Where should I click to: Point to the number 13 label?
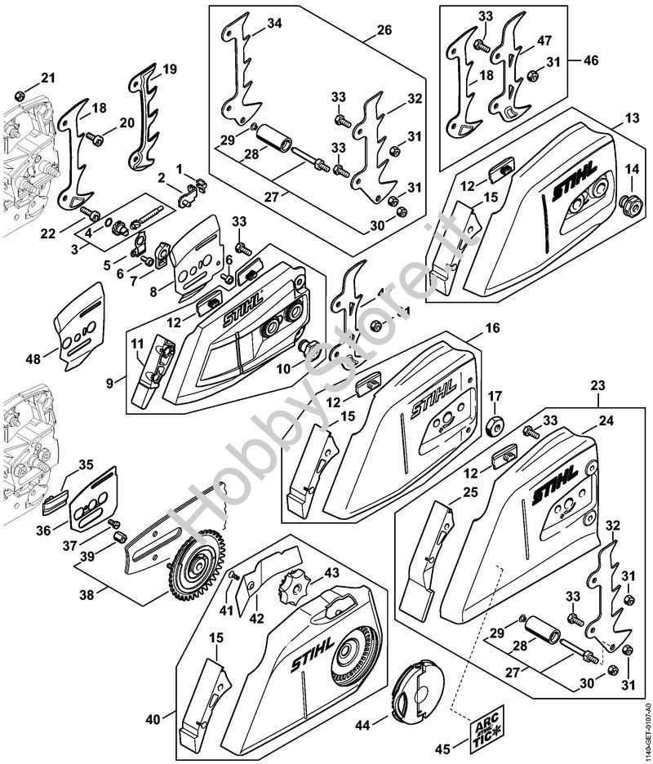click(x=631, y=119)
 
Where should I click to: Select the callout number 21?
click(x=47, y=78)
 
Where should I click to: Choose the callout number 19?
click(x=169, y=69)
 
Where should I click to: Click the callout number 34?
click(x=275, y=24)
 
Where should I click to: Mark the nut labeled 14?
click(x=631, y=201)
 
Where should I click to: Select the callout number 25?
click(x=469, y=492)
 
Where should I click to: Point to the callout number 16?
click(x=492, y=328)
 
